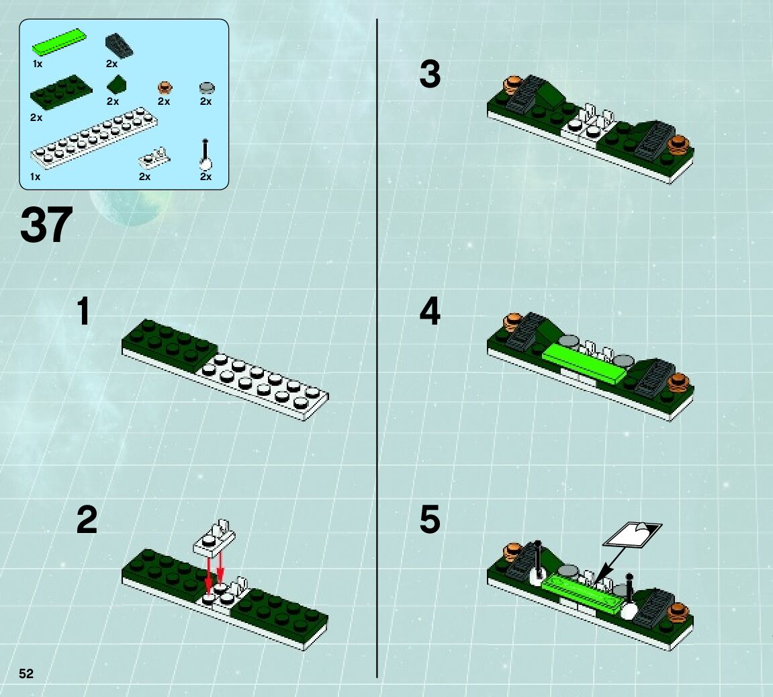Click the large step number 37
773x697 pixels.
point(46,225)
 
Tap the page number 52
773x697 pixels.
point(26,674)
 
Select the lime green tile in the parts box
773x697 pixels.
point(59,42)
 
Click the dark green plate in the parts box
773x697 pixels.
point(61,92)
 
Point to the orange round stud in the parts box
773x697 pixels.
point(165,88)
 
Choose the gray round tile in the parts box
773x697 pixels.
point(207,88)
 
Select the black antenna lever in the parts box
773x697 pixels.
point(206,155)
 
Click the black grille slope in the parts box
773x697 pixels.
point(119,46)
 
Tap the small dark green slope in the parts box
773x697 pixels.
point(117,84)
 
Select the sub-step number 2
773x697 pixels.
point(87,520)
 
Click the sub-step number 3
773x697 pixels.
point(430,74)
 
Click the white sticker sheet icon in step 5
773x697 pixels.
point(633,535)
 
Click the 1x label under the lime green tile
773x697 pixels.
point(38,64)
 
